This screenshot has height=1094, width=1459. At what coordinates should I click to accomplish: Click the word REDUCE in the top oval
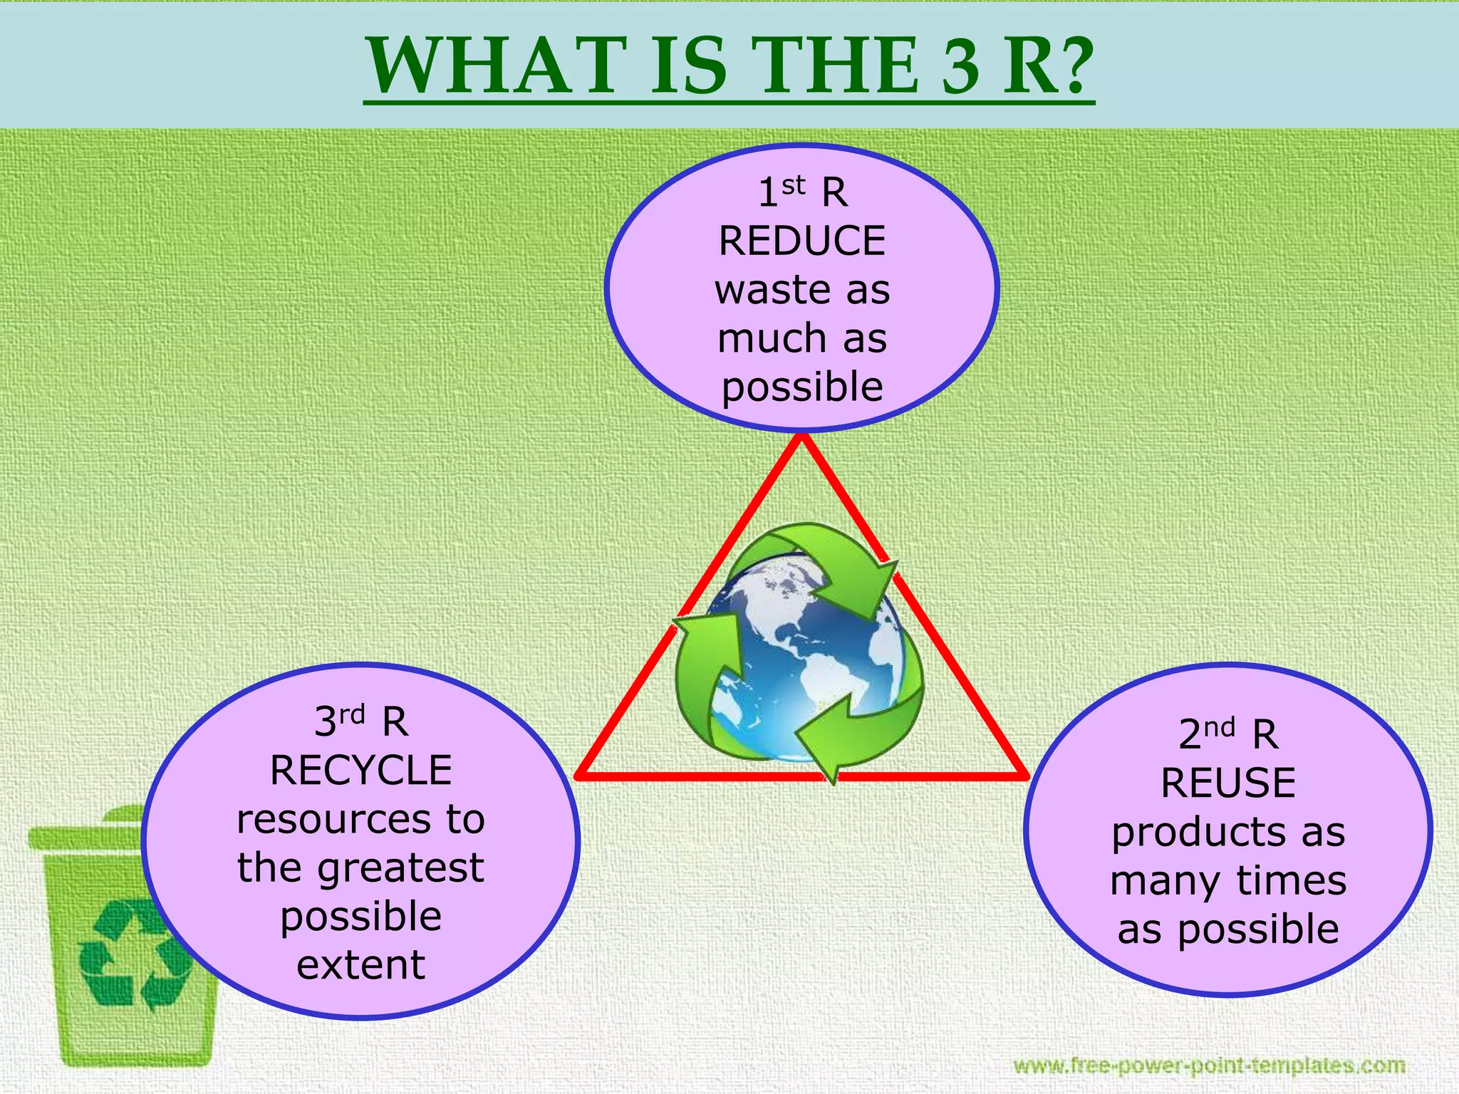(x=801, y=241)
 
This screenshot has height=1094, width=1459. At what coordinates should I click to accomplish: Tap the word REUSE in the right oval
(x=1228, y=783)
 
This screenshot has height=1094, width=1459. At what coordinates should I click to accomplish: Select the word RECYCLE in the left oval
(x=361, y=771)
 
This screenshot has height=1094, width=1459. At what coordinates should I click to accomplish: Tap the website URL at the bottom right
(x=1209, y=1066)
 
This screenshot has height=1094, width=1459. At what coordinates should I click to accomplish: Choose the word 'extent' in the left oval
(x=361, y=966)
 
